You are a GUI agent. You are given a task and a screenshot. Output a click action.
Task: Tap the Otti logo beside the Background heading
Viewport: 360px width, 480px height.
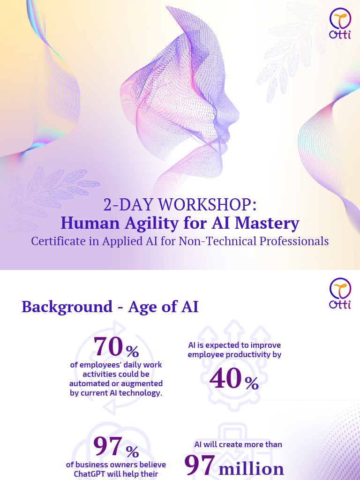point(341,294)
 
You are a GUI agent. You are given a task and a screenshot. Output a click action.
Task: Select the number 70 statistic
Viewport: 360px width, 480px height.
point(109,347)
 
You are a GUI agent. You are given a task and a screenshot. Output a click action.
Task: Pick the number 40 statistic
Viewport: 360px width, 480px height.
point(225,379)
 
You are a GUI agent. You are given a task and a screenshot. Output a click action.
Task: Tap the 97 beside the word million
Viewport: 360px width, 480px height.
point(200,465)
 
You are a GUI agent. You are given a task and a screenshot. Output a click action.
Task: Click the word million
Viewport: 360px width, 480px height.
point(252,468)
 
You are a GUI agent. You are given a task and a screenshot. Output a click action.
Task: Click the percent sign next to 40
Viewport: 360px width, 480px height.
point(251,384)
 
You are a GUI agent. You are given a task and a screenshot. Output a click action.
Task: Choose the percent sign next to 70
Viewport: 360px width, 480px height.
point(132,351)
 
